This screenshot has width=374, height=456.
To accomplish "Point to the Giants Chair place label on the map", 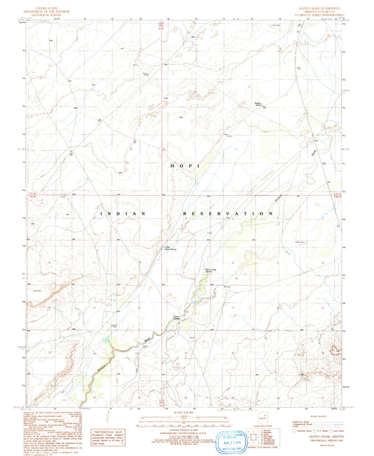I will coord(258,106).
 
